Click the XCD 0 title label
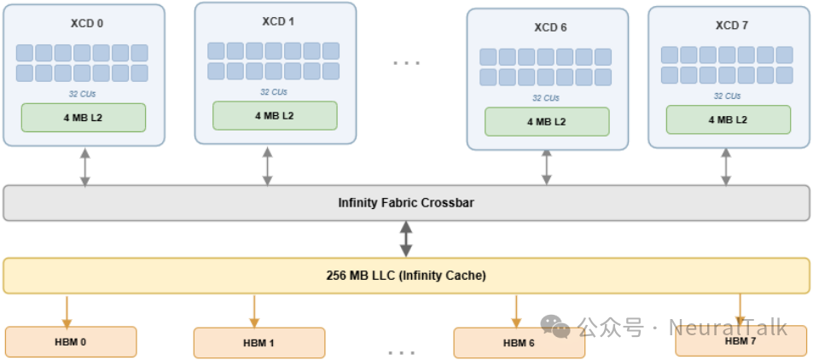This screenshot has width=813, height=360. [x=84, y=23]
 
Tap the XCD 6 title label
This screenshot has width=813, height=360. [x=550, y=27]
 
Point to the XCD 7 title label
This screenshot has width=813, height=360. [x=731, y=25]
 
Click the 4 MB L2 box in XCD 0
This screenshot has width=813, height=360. [x=84, y=117]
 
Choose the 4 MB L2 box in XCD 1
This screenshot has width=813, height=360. [x=275, y=115]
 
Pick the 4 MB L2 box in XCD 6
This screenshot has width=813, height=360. [x=547, y=121]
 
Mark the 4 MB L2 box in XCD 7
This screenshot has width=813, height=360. [x=728, y=119]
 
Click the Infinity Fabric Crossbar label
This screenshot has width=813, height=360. [x=406, y=203]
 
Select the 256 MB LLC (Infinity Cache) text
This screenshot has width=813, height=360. [x=406, y=276]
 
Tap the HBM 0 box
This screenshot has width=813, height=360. [x=71, y=342]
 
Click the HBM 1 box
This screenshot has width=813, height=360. [x=258, y=343]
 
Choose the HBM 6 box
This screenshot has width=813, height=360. [x=519, y=343]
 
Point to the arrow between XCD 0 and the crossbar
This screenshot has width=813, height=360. [x=84, y=166]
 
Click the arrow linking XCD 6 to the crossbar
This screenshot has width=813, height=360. [x=547, y=167]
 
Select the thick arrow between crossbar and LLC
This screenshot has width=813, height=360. [x=406, y=239]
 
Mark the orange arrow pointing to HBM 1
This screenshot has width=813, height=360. [x=254, y=311]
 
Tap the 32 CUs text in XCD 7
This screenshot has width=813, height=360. [x=728, y=96]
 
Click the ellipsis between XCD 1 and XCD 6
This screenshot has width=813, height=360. [x=406, y=62]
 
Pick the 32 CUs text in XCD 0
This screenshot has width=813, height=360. [x=83, y=94]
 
